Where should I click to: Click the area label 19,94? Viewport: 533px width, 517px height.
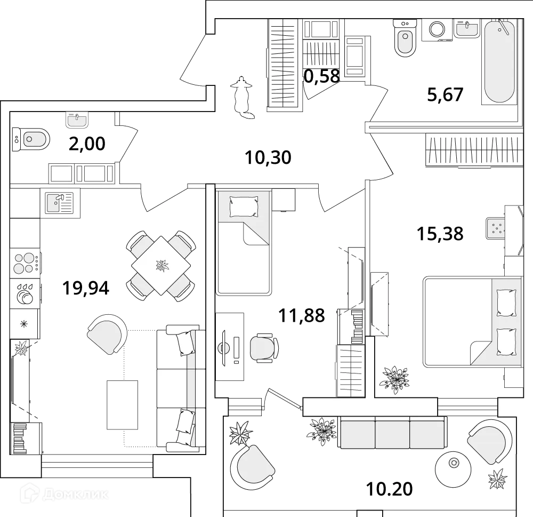pyautogui.click(x=86, y=288)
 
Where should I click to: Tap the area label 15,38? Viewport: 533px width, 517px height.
pyautogui.click(x=441, y=234)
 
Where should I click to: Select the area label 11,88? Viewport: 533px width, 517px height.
pyautogui.click(x=301, y=316)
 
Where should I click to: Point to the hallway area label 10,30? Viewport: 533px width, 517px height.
pyautogui.click(x=268, y=157)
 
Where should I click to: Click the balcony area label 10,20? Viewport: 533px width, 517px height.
pyautogui.click(x=390, y=489)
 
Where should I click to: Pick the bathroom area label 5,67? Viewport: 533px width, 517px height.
pyautogui.click(x=445, y=94)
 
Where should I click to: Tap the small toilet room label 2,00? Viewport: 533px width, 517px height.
pyautogui.click(x=87, y=144)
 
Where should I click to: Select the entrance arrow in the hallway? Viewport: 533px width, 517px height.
pyautogui.click(x=243, y=96)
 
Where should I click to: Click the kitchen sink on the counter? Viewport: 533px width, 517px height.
pyautogui.click(x=59, y=203)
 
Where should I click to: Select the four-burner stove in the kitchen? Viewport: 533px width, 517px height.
pyautogui.click(x=25, y=263)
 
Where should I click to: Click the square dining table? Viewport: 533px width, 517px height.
pyautogui.click(x=160, y=265)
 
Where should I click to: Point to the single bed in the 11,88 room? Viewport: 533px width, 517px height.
pyautogui.click(x=243, y=242)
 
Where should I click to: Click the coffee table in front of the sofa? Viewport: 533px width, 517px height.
pyautogui.click(x=122, y=404)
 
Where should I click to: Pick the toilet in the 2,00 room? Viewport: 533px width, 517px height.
pyautogui.click(x=31, y=140)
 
